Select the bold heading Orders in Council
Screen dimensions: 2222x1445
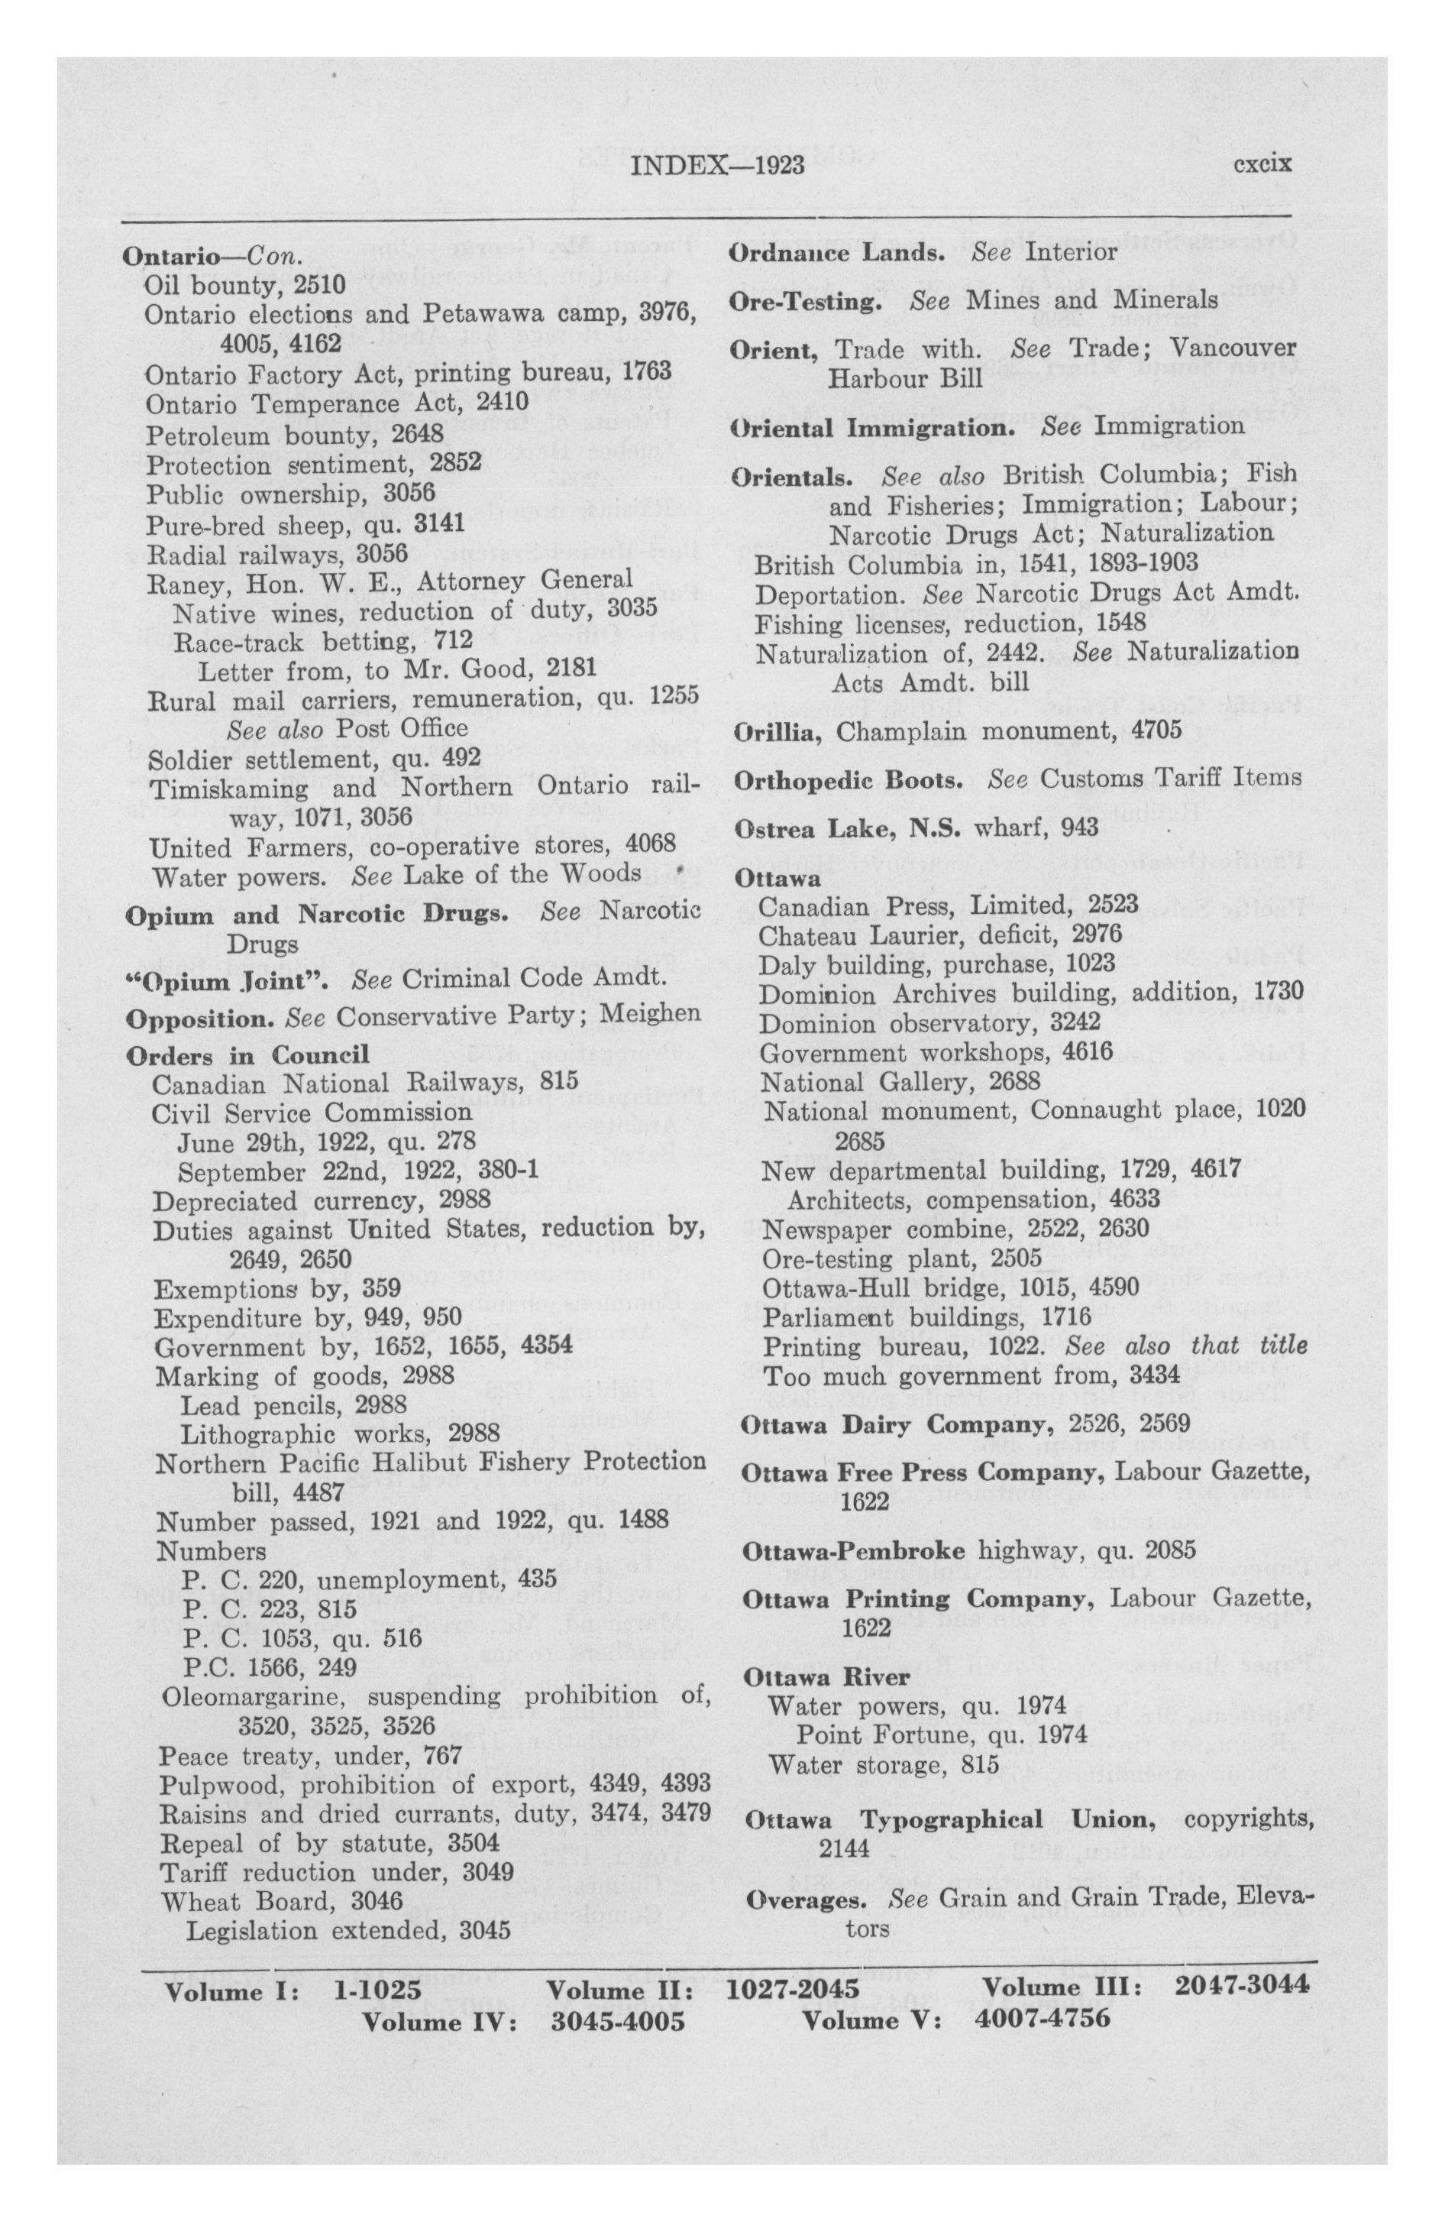point(247,1055)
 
